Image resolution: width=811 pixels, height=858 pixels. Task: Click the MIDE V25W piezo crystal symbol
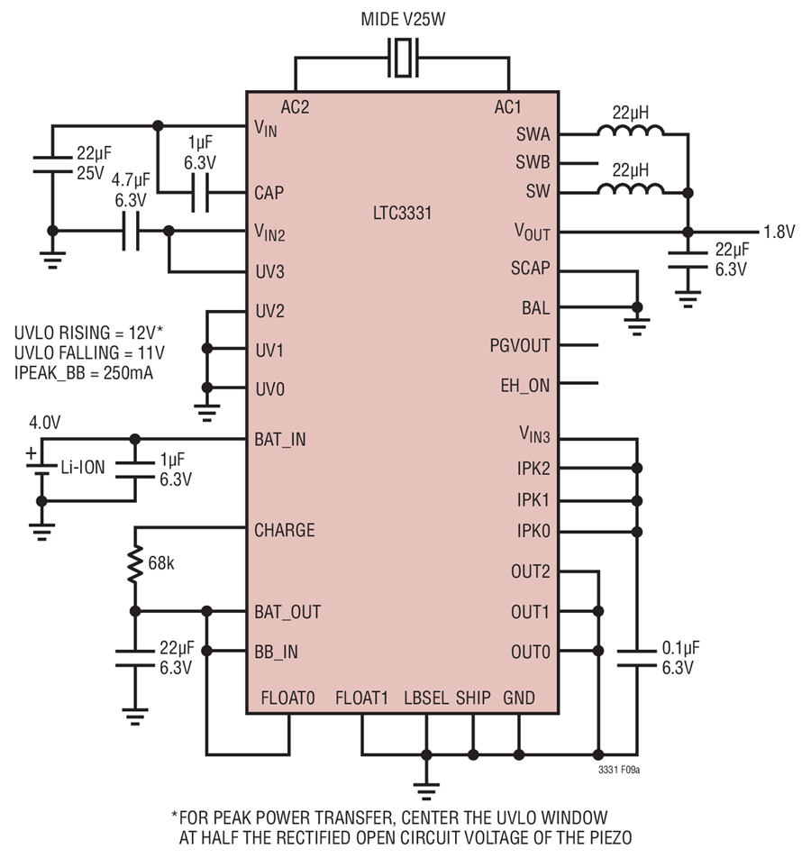pyautogui.click(x=403, y=58)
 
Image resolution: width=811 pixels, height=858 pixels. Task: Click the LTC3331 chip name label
pyautogui.click(x=402, y=213)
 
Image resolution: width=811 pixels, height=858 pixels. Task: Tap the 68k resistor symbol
pyautogui.click(x=135, y=563)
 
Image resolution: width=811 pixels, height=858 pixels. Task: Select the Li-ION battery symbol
pyautogui.click(x=41, y=465)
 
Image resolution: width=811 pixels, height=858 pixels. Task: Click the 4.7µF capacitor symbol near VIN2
pyautogui.click(x=131, y=231)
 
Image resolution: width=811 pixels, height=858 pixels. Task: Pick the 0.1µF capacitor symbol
pyautogui.click(x=637, y=658)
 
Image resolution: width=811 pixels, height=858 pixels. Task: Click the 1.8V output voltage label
pyautogui.click(x=779, y=232)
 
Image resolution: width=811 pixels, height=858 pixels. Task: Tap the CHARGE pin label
pyautogui.click(x=285, y=530)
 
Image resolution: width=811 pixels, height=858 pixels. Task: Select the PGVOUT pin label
pyautogui.click(x=520, y=346)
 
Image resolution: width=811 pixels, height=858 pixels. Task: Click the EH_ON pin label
pyautogui.click(x=524, y=386)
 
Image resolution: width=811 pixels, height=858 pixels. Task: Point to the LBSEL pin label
pyautogui.click(x=426, y=698)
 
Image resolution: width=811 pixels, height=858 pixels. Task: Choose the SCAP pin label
pyautogui.click(x=530, y=269)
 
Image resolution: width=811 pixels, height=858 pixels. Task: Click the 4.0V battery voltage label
pyautogui.click(x=45, y=423)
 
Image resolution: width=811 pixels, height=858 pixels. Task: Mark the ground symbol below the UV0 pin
pyautogui.click(x=207, y=413)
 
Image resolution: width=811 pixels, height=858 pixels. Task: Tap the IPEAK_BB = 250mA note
pyautogui.click(x=84, y=372)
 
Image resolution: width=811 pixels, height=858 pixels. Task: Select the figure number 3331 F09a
pyautogui.click(x=619, y=770)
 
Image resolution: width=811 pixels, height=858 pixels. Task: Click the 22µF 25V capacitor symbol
pyautogui.click(x=52, y=165)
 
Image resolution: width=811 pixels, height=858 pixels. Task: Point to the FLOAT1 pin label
pyautogui.click(x=361, y=698)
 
